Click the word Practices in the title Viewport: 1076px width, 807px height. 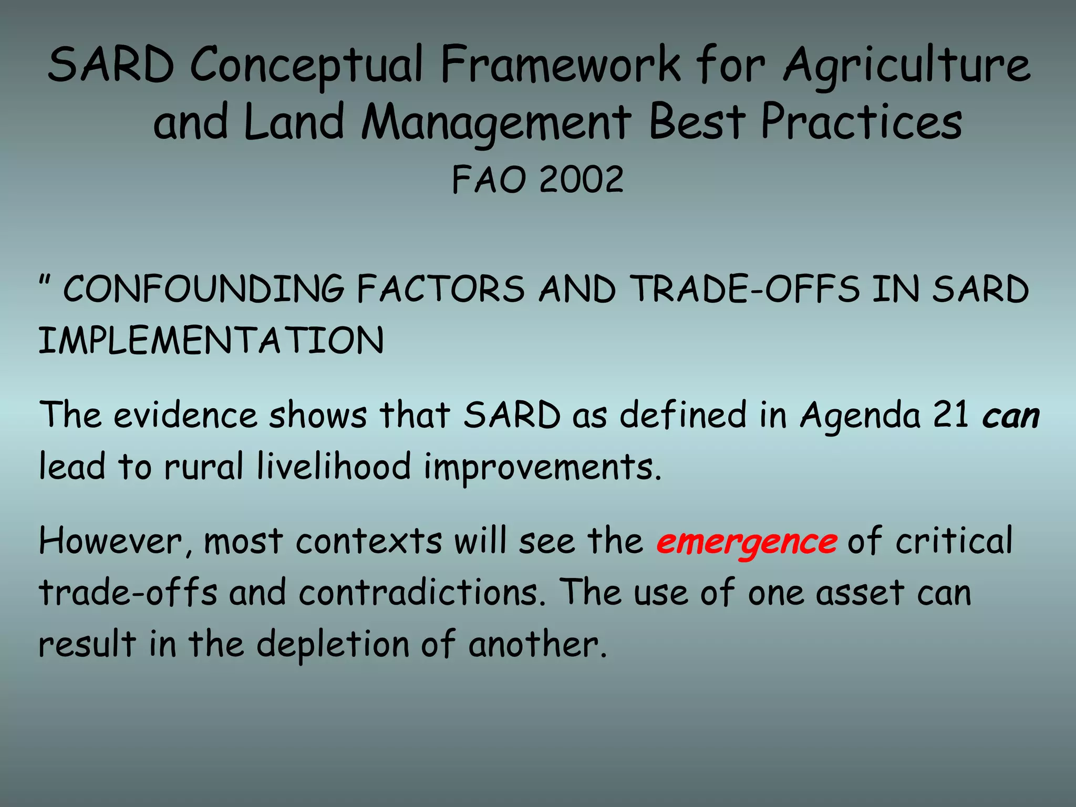[x=862, y=122]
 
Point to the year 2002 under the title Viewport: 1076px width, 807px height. [x=581, y=180]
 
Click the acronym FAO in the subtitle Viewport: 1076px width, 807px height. [x=489, y=180]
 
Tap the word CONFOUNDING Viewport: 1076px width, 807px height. [x=203, y=289]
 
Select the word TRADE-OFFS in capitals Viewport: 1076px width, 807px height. [x=745, y=289]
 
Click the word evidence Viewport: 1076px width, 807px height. [x=185, y=415]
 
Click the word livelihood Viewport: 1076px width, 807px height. [x=334, y=467]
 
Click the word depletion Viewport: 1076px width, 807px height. [x=332, y=645]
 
